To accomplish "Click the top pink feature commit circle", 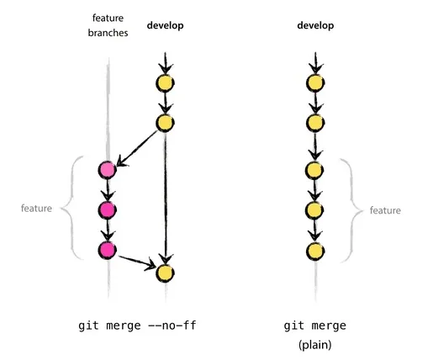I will point(107,171).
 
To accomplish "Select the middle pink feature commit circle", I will point(107,210).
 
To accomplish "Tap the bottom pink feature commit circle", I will point(107,251).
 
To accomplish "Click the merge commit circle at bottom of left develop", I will point(165,273).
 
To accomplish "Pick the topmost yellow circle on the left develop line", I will point(165,83).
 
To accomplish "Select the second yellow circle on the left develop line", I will point(165,124).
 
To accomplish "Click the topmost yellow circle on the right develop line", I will point(314,83).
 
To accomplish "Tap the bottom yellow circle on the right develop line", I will point(314,251).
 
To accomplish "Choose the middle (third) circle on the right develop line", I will point(314,171).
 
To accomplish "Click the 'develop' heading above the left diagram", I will point(165,26).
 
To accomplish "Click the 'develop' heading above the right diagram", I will point(314,26).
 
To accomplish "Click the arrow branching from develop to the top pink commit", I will point(138,146).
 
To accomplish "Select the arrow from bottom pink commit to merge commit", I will point(136,262).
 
